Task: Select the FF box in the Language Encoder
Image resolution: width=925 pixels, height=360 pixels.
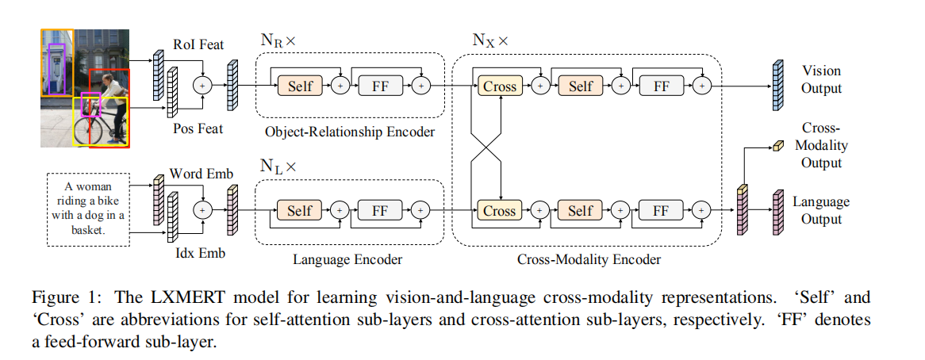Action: click(x=380, y=210)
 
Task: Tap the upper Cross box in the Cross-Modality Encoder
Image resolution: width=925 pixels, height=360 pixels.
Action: click(x=499, y=86)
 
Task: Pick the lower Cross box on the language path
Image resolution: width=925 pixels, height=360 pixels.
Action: click(x=499, y=210)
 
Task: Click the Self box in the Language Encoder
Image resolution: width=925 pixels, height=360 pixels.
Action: click(x=299, y=210)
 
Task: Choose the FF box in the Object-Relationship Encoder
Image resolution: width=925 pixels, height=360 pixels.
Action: click(x=380, y=86)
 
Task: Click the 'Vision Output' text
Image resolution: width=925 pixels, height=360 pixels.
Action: click(x=821, y=79)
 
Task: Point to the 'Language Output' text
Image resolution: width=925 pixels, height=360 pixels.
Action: click(x=821, y=209)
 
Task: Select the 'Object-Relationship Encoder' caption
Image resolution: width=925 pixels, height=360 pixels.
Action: click(x=350, y=132)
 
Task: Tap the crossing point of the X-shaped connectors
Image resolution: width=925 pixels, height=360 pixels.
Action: click(x=486, y=148)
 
